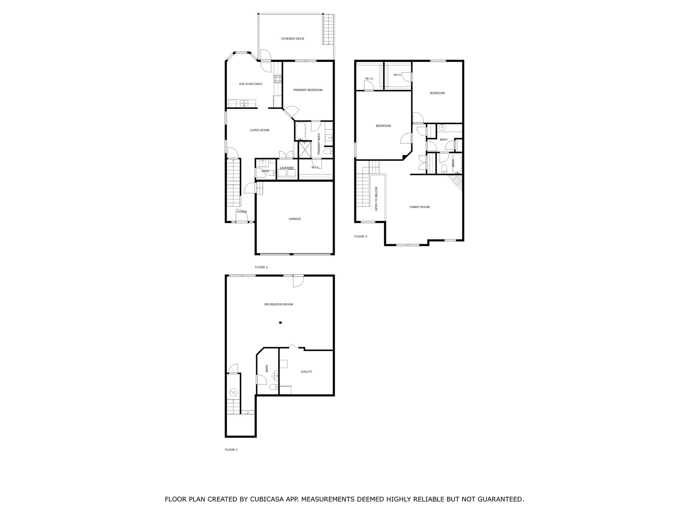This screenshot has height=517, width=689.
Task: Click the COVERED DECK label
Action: (x=292, y=39)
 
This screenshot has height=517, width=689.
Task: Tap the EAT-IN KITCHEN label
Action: (x=251, y=84)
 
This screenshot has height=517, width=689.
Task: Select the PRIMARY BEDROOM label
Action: (x=308, y=90)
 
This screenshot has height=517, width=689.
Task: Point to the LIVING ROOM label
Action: (x=260, y=130)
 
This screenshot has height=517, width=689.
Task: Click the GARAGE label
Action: (x=295, y=219)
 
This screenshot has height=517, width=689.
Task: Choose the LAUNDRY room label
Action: (x=287, y=168)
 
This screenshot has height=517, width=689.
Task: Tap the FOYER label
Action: (x=242, y=212)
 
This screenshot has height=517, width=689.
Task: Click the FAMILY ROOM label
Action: (x=419, y=207)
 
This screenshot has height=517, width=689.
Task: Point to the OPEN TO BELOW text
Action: (x=376, y=199)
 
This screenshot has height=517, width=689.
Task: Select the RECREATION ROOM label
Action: (x=279, y=304)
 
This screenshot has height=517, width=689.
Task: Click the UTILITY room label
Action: (x=306, y=372)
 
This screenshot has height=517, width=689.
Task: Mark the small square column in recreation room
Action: (x=281, y=322)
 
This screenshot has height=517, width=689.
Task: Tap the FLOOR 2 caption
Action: (x=261, y=267)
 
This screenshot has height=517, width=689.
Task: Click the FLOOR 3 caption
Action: (x=361, y=237)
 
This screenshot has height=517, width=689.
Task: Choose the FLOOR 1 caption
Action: (x=231, y=449)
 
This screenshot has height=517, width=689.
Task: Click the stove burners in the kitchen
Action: (x=278, y=79)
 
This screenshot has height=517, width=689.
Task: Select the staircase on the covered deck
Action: (x=328, y=29)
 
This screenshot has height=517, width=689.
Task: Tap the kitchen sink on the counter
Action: (x=244, y=103)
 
